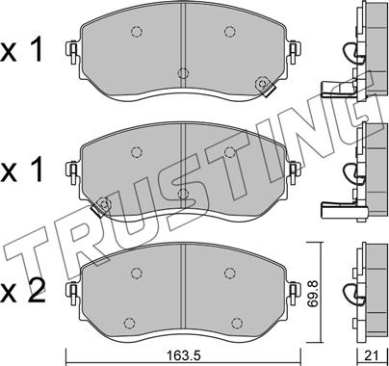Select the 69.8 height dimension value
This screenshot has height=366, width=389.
pos(313,293)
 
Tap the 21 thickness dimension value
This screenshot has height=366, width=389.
pos(372,355)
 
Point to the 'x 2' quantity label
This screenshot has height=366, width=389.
pos(22,293)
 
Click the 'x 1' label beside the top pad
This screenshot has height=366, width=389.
pos(21,51)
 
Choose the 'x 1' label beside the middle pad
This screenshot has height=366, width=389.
pos(21,170)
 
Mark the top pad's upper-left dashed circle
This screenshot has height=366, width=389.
pos(137,32)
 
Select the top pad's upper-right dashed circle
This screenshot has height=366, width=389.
pos(230,32)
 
